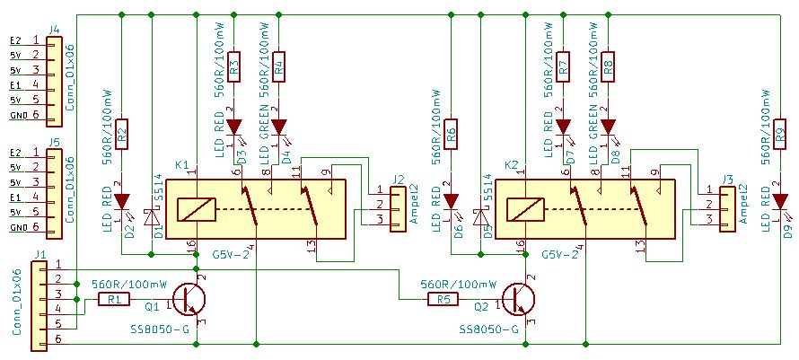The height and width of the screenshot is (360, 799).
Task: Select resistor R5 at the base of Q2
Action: tap(442, 299)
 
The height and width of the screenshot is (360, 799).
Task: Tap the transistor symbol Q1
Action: tap(190, 299)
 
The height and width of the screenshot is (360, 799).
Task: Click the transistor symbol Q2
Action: tap(520, 299)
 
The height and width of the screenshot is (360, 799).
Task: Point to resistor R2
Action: tap(122, 134)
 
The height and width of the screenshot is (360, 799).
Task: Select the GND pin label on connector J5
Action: tap(17, 228)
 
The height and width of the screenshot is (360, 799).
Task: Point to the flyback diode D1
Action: tap(154, 218)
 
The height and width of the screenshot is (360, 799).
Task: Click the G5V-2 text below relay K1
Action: tap(228, 255)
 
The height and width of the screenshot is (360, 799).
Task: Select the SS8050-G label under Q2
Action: tap(488, 329)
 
